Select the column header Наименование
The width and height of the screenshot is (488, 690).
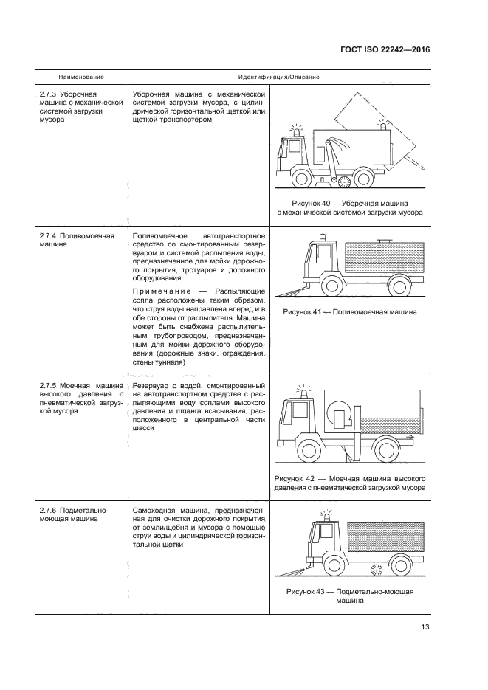point(81,77)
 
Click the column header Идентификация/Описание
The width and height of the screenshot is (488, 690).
point(278,77)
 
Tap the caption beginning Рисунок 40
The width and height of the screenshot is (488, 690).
point(350,207)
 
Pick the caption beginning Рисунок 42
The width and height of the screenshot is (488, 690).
point(350,482)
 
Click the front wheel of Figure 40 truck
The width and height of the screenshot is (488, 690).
point(303,179)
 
